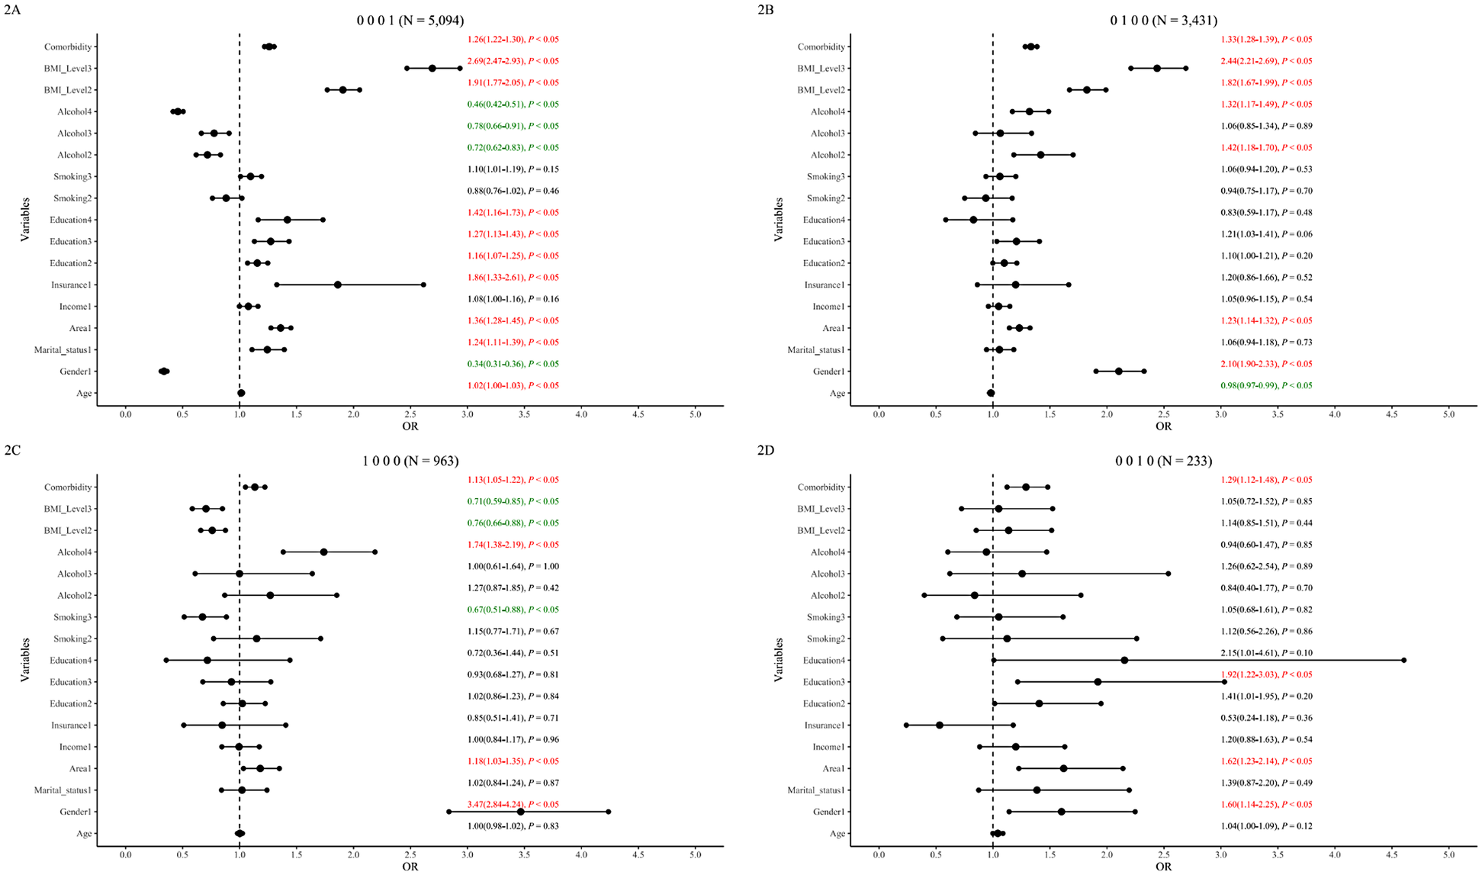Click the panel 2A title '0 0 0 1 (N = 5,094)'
pos(410,21)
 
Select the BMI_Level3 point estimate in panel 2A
pos(432,69)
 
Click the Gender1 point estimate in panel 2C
pos(521,812)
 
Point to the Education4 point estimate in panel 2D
pos(1124,661)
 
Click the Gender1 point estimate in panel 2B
pos(1119,372)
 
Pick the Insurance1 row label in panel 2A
pos(72,285)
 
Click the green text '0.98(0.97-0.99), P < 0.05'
pos(1266,386)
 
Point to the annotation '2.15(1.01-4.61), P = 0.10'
pos(1266,653)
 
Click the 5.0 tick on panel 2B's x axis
pos(1448,413)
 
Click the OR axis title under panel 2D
pos(1163,867)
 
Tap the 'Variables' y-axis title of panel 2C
pos(25,660)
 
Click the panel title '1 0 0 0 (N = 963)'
pos(410,461)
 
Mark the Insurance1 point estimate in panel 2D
pos(940,725)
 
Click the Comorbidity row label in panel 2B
pos(821,47)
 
